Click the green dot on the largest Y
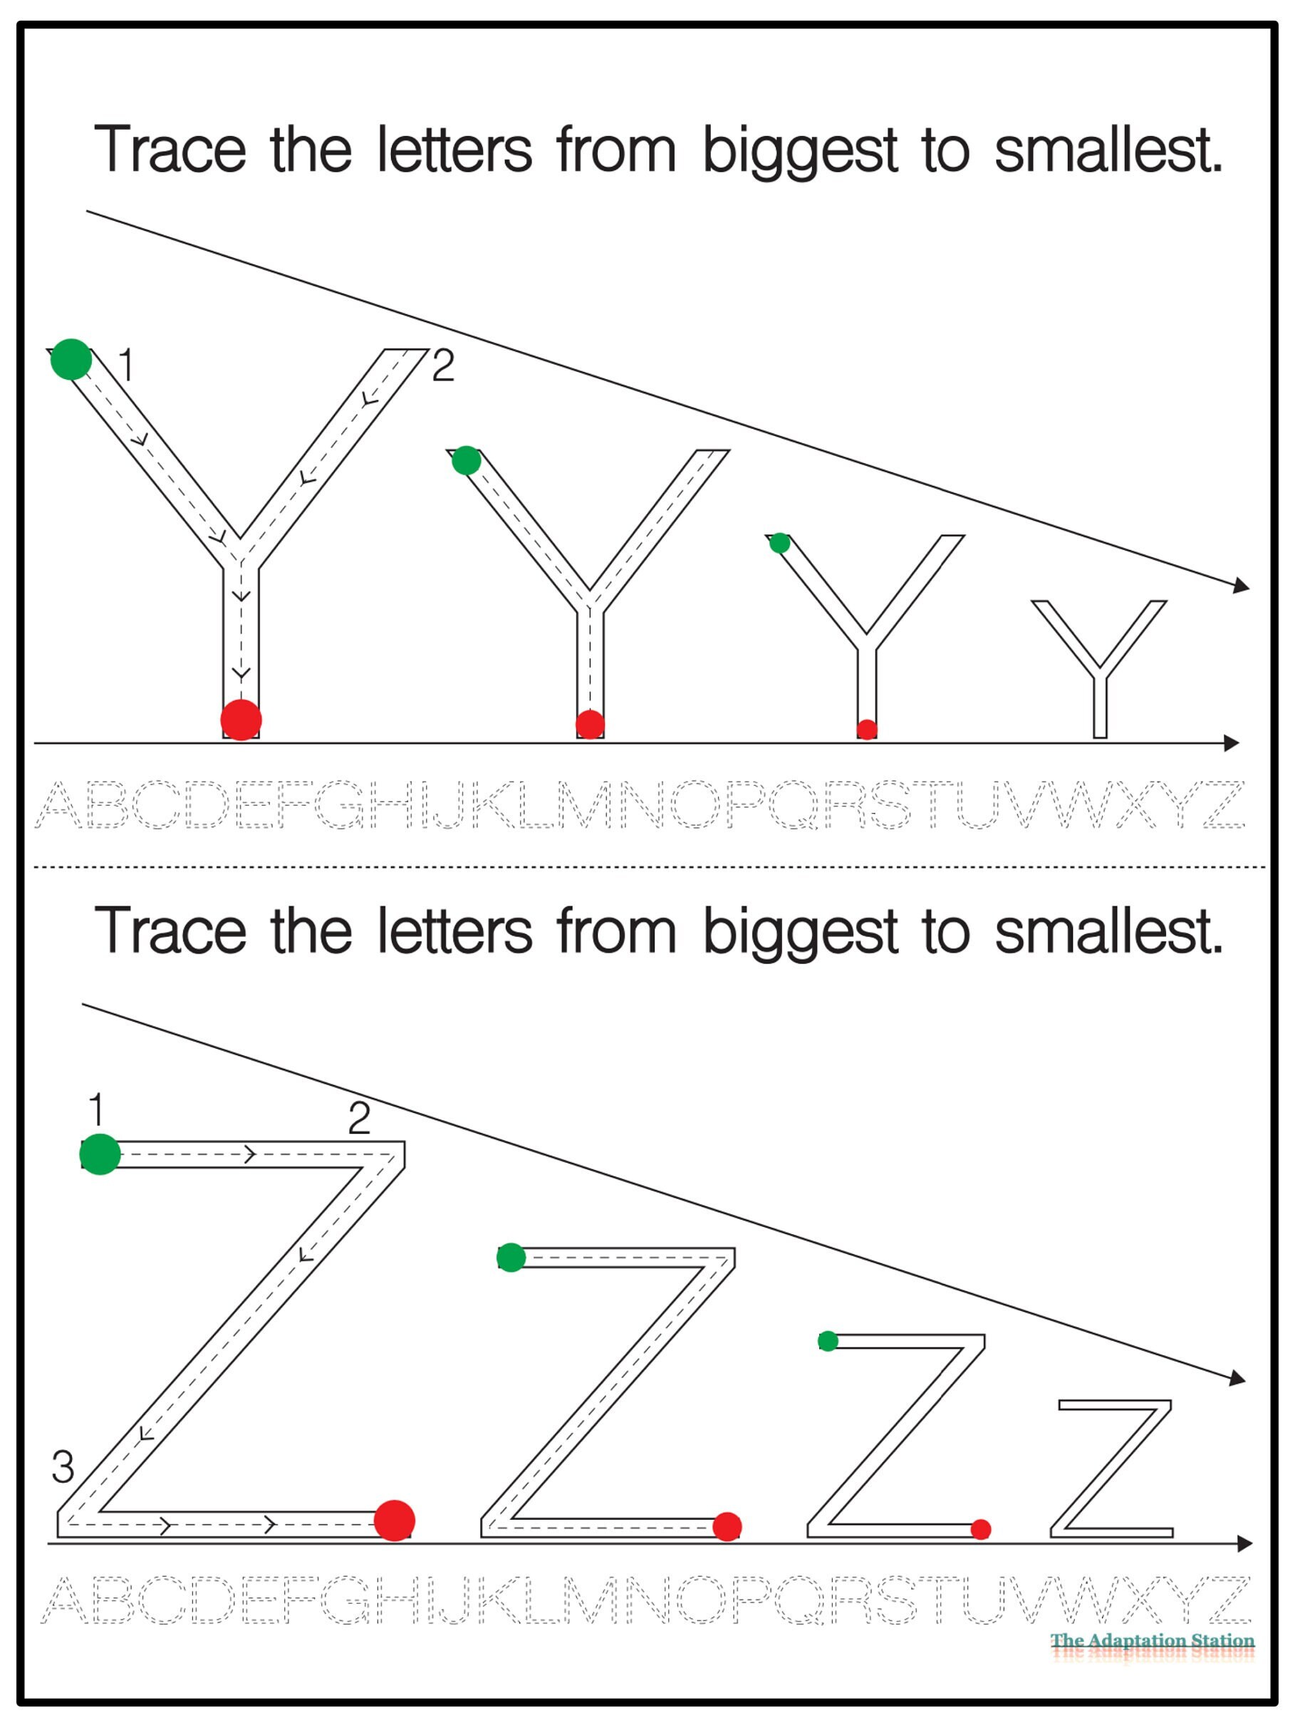(x=71, y=359)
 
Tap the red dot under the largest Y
(x=241, y=720)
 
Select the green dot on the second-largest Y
(x=466, y=460)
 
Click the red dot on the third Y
(x=866, y=729)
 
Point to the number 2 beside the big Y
(x=442, y=366)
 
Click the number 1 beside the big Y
(x=126, y=365)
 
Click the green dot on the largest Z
(x=100, y=1154)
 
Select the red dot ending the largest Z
(x=394, y=1521)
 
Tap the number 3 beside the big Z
(x=63, y=1467)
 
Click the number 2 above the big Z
(x=359, y=1119)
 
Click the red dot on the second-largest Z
(x=727, y=1526)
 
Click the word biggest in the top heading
(x=799, y=150)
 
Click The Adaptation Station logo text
(x=1151, y=1641)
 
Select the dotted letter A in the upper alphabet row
(x=59, y=804)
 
